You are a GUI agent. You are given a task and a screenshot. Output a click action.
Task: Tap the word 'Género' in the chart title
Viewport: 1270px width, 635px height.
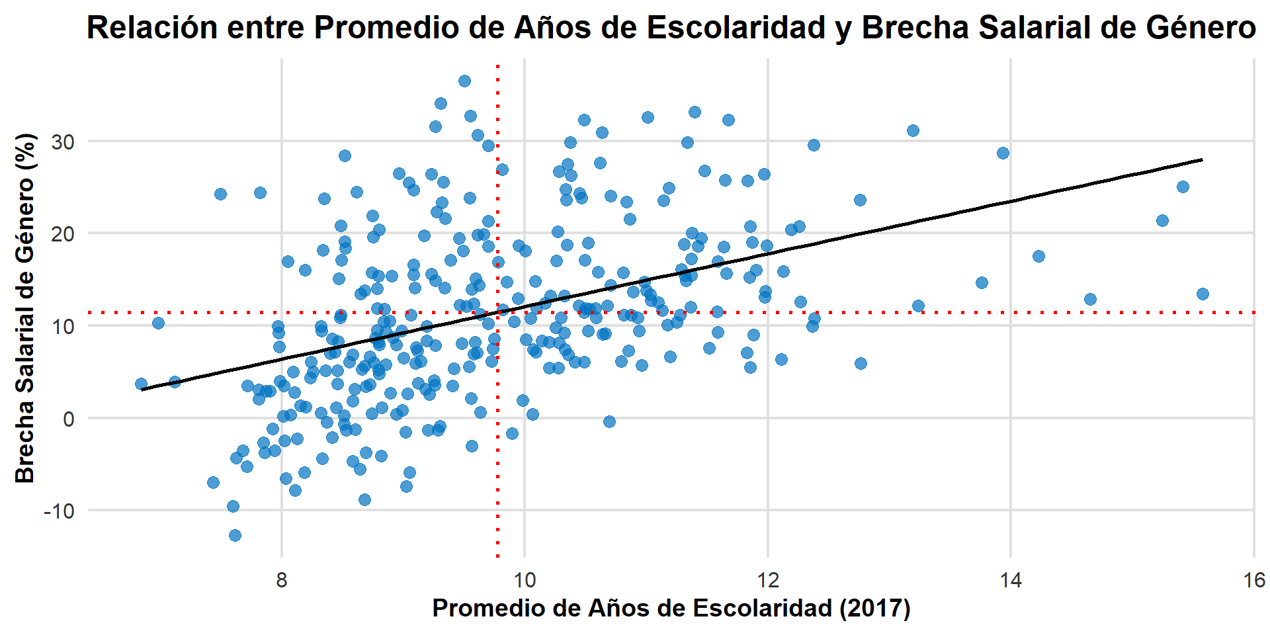point(1205,28)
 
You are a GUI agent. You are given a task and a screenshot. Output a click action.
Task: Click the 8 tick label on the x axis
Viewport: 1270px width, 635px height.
point(282,581)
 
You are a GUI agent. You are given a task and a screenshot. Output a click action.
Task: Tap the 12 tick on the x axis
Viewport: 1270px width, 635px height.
point(768,581)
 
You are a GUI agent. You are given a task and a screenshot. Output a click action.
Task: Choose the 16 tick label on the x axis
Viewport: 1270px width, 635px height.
point(1253,581)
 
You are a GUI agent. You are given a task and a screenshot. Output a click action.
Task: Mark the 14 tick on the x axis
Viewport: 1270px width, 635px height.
point(1011,581)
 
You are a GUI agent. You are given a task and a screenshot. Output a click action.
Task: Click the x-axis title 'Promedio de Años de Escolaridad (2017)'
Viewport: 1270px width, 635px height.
point(671,609)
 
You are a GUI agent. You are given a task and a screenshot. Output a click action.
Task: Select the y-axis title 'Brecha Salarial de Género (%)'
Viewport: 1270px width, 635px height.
point(25,308)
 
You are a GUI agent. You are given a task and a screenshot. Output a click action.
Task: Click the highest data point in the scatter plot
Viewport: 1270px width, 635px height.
point(464,81)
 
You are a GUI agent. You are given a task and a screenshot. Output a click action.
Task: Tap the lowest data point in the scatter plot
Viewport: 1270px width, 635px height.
point(235,535)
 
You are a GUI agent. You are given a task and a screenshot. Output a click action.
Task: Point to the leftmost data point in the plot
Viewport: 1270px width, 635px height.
point(141,384)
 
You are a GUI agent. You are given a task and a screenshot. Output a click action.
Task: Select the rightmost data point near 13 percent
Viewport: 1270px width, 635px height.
point(1203,294)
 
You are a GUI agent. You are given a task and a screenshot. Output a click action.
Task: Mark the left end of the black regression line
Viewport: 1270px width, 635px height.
point(142,390)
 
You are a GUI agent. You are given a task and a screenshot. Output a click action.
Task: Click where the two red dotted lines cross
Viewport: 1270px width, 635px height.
point(497,312)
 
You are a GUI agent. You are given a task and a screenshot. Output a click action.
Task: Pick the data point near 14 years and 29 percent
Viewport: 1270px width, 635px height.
point(1003,153)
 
